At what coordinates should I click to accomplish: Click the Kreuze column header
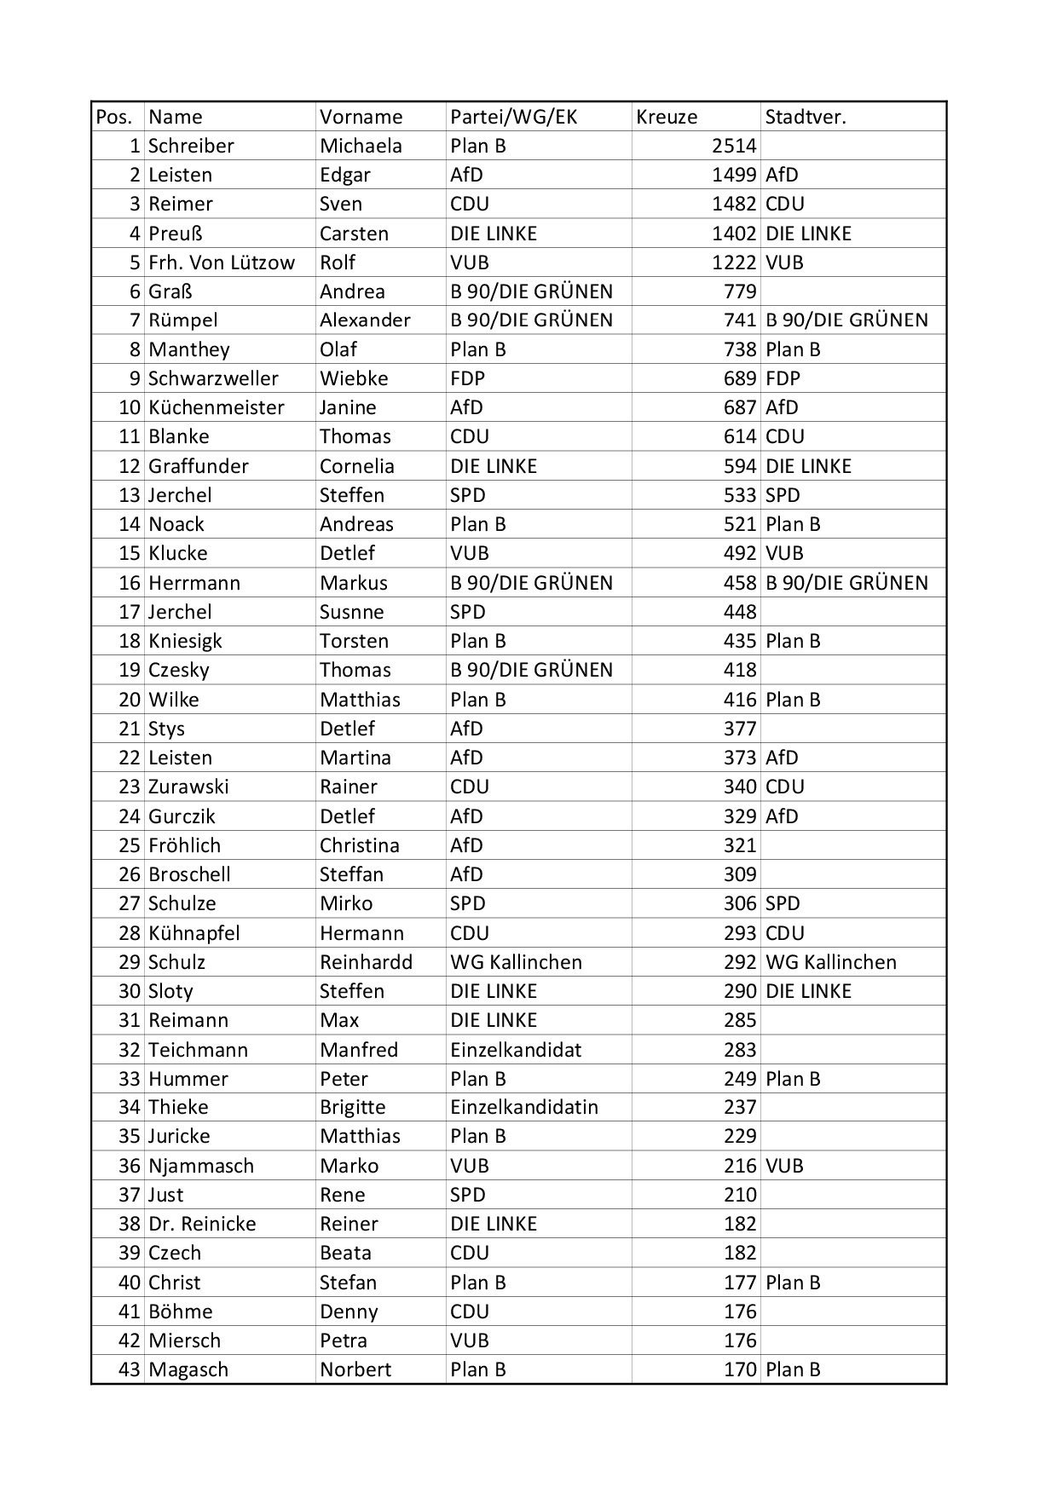click(667, 117)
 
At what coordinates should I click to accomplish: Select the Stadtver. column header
click(805, 117)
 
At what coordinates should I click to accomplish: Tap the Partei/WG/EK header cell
click(513, 117)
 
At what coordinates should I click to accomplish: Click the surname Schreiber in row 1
click(191, 146)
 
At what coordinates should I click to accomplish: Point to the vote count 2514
click(734, 146)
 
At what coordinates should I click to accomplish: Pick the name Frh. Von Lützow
click(222, 262)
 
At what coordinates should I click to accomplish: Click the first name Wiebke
click(354, 378)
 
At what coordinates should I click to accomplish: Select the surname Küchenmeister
click(217, 407)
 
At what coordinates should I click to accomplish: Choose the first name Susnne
click(351, 612)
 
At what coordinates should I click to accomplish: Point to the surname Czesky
click(178, 670)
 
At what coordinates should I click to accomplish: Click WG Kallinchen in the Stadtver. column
click(831, 962)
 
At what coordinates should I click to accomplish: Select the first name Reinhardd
click(366, 962)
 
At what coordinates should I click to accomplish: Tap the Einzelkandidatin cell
click(524, 1107)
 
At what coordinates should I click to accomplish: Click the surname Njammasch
click(201, 1166)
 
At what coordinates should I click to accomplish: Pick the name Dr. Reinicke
click(202, 1224)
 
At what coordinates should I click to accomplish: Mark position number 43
click(130, 1369)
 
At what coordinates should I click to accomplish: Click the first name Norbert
click(355, 1369)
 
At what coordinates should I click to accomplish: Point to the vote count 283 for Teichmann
click(740, 1050)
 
